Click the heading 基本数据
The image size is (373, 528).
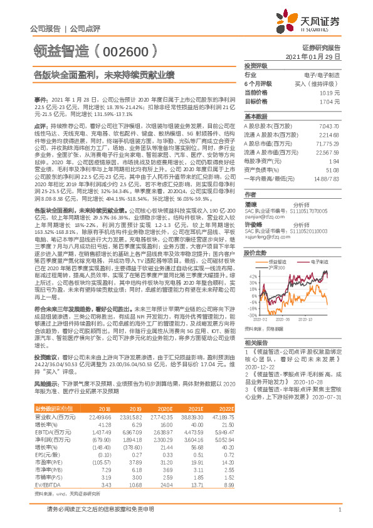click(255, 117)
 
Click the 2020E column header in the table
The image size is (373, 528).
click(166, 408)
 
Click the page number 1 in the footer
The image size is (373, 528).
click(339, 517)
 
